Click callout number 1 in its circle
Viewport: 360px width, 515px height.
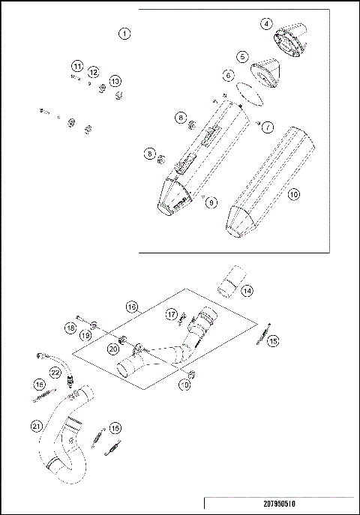(124, 34)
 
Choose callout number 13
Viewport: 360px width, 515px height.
(115, 81)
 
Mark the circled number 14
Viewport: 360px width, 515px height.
(247, 290)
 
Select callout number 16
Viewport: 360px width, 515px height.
(131, 307)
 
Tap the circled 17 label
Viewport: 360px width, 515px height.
(171, 314)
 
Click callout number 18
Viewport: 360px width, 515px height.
(70, 328)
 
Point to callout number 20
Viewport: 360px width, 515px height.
(113, 348)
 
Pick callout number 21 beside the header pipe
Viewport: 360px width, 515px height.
(35, 427)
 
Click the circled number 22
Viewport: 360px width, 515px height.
(55, 373)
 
